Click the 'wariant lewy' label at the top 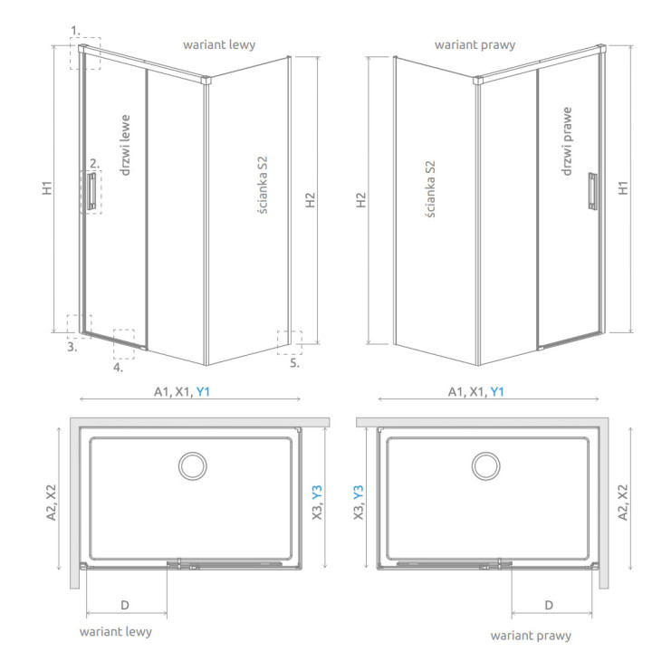click(x=219, y=44)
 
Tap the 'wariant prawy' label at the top click(x=475, y=44)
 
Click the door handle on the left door click(x=91, y=191)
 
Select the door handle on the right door click(x=593, y=191)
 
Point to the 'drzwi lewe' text click(x=125, y=145)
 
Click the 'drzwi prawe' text click(x=566, y=141)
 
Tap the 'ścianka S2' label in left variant click(x=262, y=185)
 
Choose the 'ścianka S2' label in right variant click(x=430, y=189)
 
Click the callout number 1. click(x=75, y=31)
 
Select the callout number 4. click(x=118, y=368)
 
